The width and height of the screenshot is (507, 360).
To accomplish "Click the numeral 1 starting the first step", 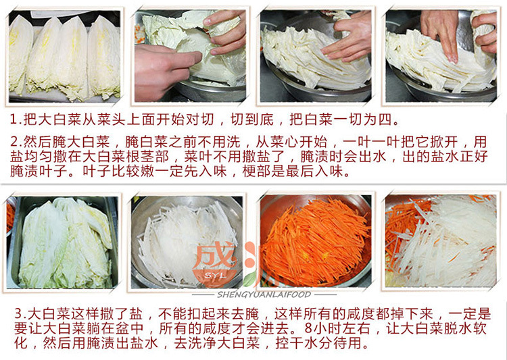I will pos(14,120).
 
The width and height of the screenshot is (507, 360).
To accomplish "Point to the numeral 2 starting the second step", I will pos(15,143).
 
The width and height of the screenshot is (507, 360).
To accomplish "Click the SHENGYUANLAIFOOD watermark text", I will pos(264,294).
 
